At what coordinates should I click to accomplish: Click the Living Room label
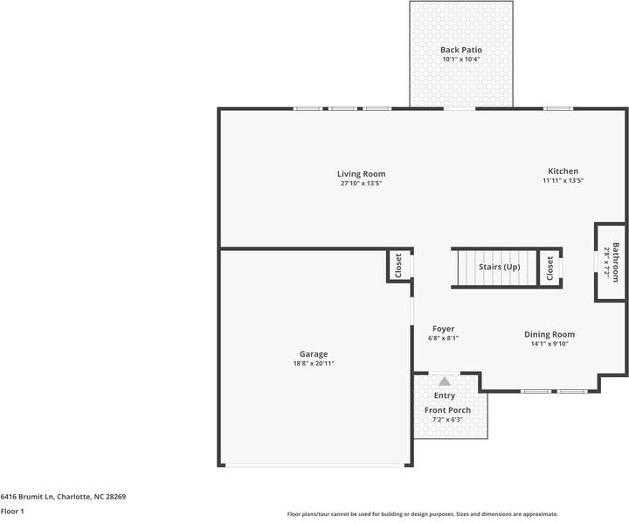click(362, 174)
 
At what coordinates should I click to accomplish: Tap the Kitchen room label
click(563, 171)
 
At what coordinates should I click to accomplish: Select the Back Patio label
click(460, 51)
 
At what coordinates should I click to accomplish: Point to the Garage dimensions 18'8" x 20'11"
click(314, 363)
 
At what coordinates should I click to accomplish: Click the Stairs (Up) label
click(499, 267)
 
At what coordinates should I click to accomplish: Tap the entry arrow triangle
click(445, 381)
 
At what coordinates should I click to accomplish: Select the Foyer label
click(443, 329)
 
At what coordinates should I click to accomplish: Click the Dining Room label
click(550, 334)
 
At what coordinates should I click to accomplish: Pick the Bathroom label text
click(616, 261)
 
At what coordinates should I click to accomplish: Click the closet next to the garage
click(398, 266)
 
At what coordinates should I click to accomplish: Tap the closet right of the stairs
click(550, 268)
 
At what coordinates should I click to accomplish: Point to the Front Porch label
click(447, 410)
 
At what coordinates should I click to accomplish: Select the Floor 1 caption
click(12, 511)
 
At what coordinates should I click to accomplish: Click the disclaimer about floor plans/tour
click(422, 514)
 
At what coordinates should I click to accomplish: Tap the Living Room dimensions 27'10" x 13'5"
click(362, 184)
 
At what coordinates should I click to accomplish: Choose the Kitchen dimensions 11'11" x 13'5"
click(563, 181)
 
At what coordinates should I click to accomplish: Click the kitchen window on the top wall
click(557, 108)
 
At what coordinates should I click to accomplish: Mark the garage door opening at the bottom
click(314, 465)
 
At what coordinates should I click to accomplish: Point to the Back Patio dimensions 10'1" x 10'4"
click(460, 60)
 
